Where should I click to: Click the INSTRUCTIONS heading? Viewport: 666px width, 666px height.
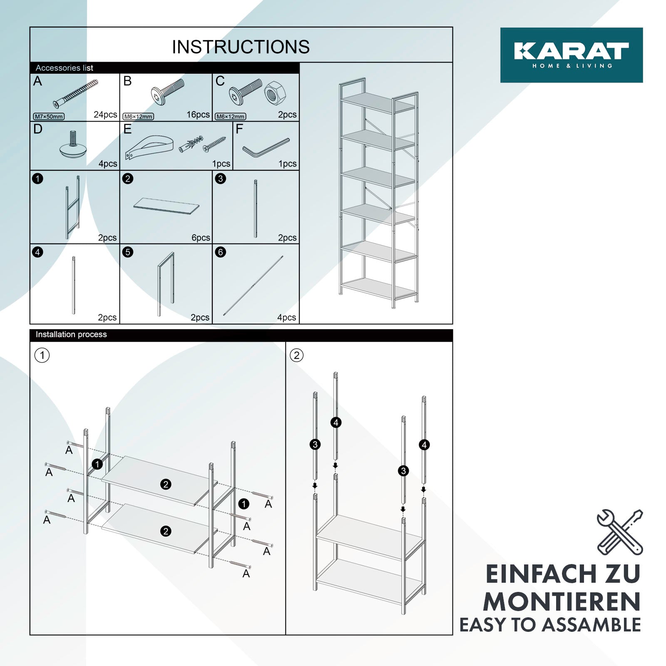coord(241,47)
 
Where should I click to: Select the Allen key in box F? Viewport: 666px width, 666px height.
coord(266,148)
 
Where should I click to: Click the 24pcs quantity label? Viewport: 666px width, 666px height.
coord(105,114)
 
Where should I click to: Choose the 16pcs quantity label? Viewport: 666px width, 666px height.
coord(198,114)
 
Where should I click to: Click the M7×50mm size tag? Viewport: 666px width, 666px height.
coord(49,117)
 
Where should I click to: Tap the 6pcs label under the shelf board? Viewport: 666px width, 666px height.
coord(201,238)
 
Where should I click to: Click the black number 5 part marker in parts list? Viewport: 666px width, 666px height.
coord(128,252)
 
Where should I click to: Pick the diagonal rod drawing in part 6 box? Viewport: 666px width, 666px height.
coord(253,285)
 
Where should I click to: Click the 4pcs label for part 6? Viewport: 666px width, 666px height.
coord(287,318)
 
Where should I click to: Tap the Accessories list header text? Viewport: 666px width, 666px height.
coord(64,68)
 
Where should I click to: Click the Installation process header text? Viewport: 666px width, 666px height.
coord(71,334)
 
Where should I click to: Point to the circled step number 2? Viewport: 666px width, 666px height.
coord(296,355)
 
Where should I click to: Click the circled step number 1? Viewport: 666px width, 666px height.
coord(42,355)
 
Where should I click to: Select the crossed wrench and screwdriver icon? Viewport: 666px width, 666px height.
coord(620,532)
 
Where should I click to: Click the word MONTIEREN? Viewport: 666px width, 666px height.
coord(562,601)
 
